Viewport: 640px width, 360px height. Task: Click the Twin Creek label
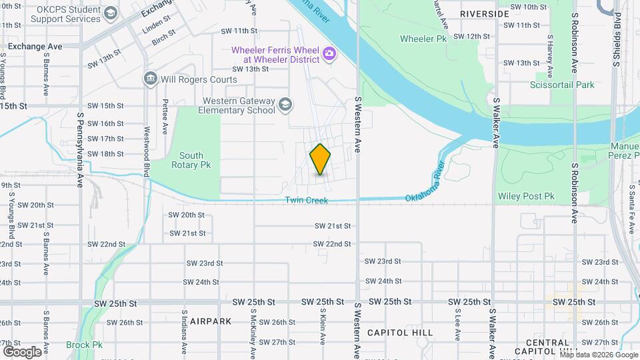[307, 201]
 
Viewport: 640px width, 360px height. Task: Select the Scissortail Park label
[561, 85]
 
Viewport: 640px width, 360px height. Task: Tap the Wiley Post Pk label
[526, 196]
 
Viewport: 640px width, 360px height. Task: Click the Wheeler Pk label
[423, 39]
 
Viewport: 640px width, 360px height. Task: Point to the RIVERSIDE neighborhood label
[485, 13]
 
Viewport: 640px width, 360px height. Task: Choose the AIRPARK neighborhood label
[210, 321]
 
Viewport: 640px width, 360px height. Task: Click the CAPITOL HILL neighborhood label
[400, 332]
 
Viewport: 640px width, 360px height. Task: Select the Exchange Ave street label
[35, 47]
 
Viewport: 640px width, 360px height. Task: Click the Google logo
[22, 351]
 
